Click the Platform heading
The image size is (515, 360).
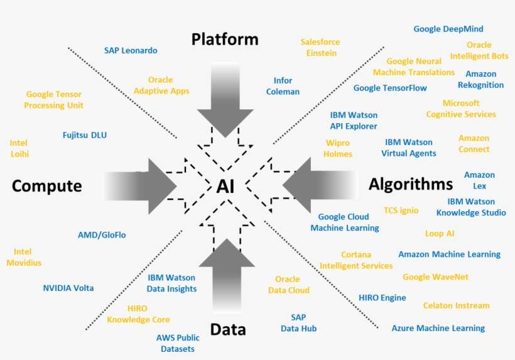point(225,40)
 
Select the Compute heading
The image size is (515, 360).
point(47,186)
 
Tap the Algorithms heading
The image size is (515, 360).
point(411,184)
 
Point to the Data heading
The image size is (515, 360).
point(228,329)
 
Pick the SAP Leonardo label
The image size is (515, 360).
point(131,51)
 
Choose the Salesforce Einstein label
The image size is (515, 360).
point(320,47)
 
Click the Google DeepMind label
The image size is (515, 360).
point(448,29)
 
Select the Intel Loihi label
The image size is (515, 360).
point(19,148)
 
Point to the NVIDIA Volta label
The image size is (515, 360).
point(68,288)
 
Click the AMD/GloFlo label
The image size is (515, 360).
point(102,235)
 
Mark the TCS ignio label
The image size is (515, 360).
point(401,210)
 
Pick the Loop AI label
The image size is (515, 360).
point(440,233)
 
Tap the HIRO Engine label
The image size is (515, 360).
point(382,298)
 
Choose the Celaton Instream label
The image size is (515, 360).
point(456,305)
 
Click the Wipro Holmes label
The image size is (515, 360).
point(339,148)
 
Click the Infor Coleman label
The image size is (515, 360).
point(283,86)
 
